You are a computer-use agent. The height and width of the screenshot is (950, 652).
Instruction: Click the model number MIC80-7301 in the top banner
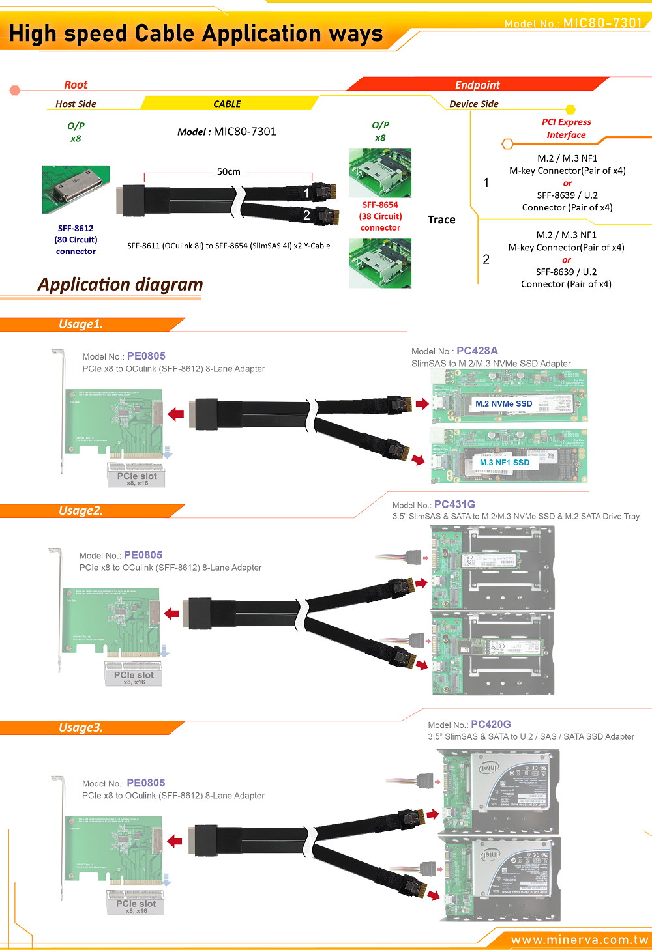pos(602,23)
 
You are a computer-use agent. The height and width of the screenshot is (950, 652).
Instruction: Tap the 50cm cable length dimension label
pos(228,172)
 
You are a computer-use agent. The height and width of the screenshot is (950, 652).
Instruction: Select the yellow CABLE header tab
pos(227,104)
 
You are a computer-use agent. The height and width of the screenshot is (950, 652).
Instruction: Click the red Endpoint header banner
pos(477,85)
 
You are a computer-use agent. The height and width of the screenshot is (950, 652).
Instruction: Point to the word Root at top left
pos(76,85)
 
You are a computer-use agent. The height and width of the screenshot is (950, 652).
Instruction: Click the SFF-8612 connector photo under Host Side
pos(76,189)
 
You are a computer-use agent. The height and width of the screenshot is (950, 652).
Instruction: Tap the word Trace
pos(441,220)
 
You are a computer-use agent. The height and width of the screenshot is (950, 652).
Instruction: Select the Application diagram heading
pos(121,285)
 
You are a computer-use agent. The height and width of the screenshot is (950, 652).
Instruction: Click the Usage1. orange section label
pos(81,324)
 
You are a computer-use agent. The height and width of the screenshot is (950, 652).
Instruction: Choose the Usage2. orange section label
pos(81,511)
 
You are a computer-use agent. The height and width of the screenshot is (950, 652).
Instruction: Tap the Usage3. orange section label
pos(81,728)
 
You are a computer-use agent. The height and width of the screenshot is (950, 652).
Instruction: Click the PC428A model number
pos(477,351)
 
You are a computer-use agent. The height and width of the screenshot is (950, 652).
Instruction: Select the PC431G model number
pos(454,504)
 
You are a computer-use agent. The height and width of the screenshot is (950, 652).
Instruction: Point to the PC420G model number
pos(490,724)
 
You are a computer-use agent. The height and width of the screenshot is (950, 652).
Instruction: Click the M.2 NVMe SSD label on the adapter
pos(503,404)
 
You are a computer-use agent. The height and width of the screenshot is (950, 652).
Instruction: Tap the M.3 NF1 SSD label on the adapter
pos(505,463)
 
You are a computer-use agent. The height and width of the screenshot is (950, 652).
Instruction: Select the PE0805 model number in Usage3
pos(146,783)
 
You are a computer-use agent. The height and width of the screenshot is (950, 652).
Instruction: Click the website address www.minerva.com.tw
pos(580,940)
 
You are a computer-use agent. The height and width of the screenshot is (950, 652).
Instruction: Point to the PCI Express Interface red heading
pos(566,128)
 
